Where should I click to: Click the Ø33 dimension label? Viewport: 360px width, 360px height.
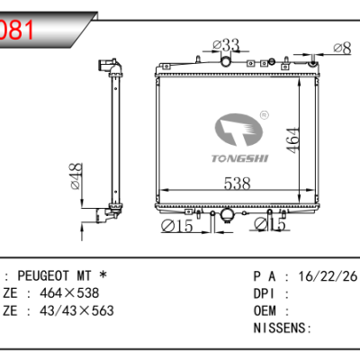coord(226,45)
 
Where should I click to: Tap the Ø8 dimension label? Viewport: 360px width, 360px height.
coord(342,48)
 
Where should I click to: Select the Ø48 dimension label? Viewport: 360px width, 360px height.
coord(76,176)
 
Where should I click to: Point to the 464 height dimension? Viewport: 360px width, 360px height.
coord(293,140)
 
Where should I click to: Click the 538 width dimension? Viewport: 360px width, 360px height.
coord(237,183)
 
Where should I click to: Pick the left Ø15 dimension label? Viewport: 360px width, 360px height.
coord(176,226)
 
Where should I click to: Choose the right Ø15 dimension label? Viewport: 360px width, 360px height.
coord(270,224)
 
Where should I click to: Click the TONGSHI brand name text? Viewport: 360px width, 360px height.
coord(240,158)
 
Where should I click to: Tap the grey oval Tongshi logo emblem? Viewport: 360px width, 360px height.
coord(238,130)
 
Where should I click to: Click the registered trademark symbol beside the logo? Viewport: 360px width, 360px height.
coord(264,115)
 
